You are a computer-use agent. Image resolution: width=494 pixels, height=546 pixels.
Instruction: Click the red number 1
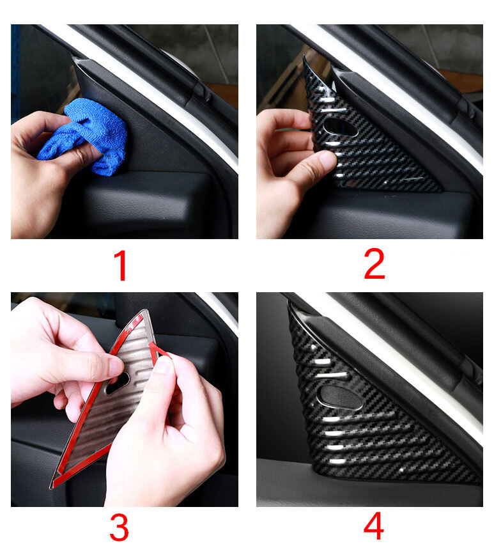click(x=120, y=266)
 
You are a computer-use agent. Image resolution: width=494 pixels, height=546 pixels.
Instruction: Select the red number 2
click(x=374, y=264)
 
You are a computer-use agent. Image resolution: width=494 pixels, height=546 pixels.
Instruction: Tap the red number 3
click(x=119, y=527)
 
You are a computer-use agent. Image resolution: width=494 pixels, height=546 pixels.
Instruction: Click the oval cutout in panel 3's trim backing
click(x=118, y=382)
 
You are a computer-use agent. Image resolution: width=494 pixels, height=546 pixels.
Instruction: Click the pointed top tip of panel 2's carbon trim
click(x=304, y=56)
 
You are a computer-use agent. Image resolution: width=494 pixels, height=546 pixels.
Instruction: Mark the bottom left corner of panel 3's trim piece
click(x=52, y=487)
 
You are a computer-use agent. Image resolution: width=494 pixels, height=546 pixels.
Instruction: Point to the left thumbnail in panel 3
click(x=116, y=367)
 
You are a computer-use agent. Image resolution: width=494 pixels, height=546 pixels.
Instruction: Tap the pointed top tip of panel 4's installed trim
click(x=288, y=302)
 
